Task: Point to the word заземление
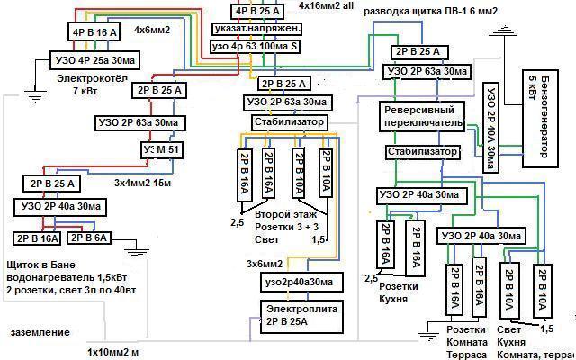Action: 40,333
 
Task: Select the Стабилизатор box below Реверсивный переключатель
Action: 422,152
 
